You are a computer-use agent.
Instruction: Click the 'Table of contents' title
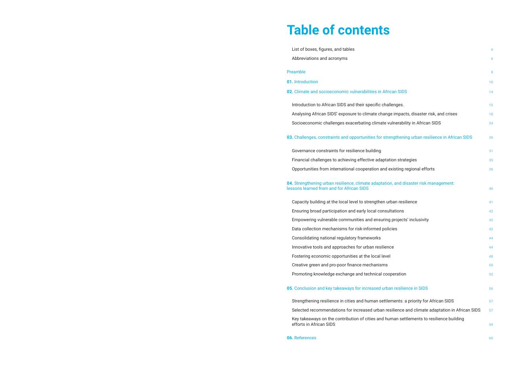338,30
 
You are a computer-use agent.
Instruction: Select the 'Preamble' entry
296,72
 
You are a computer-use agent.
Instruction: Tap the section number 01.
290,82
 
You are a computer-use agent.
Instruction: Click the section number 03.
290,138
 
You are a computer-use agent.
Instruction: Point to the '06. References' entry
301,338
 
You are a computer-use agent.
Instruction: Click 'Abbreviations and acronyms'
319,59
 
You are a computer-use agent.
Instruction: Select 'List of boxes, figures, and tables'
323,50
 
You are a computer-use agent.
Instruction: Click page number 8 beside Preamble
492,72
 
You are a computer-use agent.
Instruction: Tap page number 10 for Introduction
491,82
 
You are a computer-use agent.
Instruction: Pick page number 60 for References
491,338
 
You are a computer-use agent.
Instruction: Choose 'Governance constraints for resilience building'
336,151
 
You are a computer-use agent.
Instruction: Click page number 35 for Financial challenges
491,160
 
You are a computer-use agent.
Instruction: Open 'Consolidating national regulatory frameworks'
336,238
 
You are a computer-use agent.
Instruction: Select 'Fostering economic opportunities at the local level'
341,256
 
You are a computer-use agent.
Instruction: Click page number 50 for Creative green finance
491,265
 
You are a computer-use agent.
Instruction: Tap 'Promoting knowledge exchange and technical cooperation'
349,274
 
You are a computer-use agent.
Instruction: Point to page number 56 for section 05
491,289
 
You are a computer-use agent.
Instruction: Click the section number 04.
290,184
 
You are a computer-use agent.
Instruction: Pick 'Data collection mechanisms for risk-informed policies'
344,229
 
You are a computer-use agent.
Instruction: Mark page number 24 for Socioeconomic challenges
491,123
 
